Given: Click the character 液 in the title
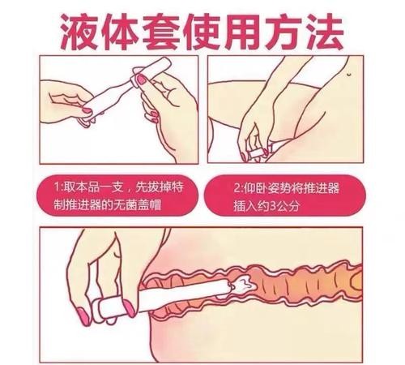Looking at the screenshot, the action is (79, 31).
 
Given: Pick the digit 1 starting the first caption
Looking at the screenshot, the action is (57, 187).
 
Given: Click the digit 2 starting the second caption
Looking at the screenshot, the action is (237, 188).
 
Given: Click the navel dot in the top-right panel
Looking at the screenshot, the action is (348, 73).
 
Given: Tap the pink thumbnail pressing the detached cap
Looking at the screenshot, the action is (142, 79).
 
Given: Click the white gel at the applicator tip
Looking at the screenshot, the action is (242, 284).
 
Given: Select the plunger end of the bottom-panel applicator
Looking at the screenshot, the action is (116, 308).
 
